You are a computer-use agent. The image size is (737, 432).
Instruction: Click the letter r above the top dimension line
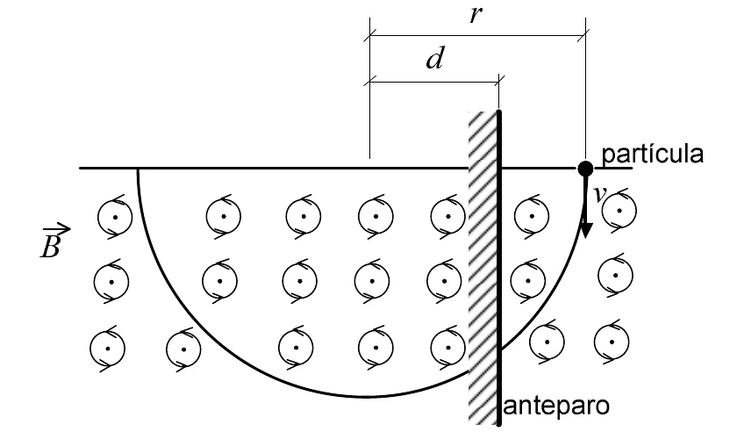pyautogui.click(x=476, y=15)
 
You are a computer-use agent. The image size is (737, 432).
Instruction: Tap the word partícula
pyautogui.click(x=653, y=155)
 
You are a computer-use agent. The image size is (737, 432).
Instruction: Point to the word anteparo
pyautogui.click(x=556, y=406)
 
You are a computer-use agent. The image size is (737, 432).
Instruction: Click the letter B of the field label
pyautogui.click(x=50, y=246)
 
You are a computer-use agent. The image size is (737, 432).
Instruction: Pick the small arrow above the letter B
pyautogui.click(x=56, y=229)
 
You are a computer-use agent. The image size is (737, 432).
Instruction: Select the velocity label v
pyautogui.click(x=597, y=194)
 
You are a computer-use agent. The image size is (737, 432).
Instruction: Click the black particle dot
pyautogui.click(x=585, y=168)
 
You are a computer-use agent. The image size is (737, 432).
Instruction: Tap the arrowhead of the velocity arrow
pyautogui.click(x=586, y=229)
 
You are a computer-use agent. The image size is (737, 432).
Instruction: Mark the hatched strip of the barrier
pyautogui.click(x=483, y=267)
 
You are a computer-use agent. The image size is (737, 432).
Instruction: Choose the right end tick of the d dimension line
pyautogui.click(x=498, y=82)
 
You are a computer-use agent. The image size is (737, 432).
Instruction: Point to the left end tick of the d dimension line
pyautogui.click(x=370, y=82)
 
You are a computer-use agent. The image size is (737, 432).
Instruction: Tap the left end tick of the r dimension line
pyautogui.click(x=370, y=35)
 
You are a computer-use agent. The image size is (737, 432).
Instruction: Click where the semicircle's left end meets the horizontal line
pyautogui.click(x=138, y=168)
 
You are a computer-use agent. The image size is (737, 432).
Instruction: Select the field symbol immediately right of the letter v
pyautogui.click(x=619, y=211)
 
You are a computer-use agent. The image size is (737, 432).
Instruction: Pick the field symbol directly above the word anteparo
pyautogui.click(x=546, y=342)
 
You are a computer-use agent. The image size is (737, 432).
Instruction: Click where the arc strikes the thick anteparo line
pyautogui.click(x=499, y=349)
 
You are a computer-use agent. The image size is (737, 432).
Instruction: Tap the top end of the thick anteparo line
pyautogui.click(x=498, y=112)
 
